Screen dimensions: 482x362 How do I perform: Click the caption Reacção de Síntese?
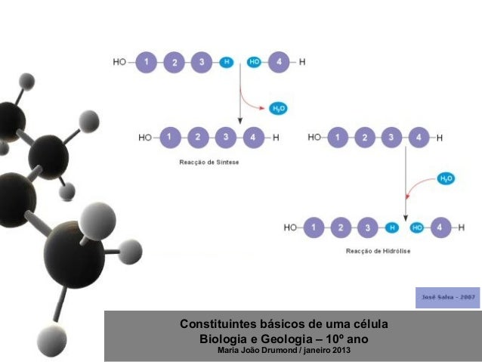click(209, 162)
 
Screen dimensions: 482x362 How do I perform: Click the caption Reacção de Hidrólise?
click(378, 252)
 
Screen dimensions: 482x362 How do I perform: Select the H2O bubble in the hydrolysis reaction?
click(446, 179)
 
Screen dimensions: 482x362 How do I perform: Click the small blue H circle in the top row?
click(225, 63)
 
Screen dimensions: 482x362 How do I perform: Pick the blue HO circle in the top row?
click(255, 63)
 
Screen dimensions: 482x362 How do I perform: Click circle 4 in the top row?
click(280, 63)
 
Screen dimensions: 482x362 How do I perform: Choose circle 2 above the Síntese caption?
click(197, 138)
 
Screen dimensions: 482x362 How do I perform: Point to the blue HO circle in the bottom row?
click(416, 227)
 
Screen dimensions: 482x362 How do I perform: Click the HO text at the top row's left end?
click(119, 63)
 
